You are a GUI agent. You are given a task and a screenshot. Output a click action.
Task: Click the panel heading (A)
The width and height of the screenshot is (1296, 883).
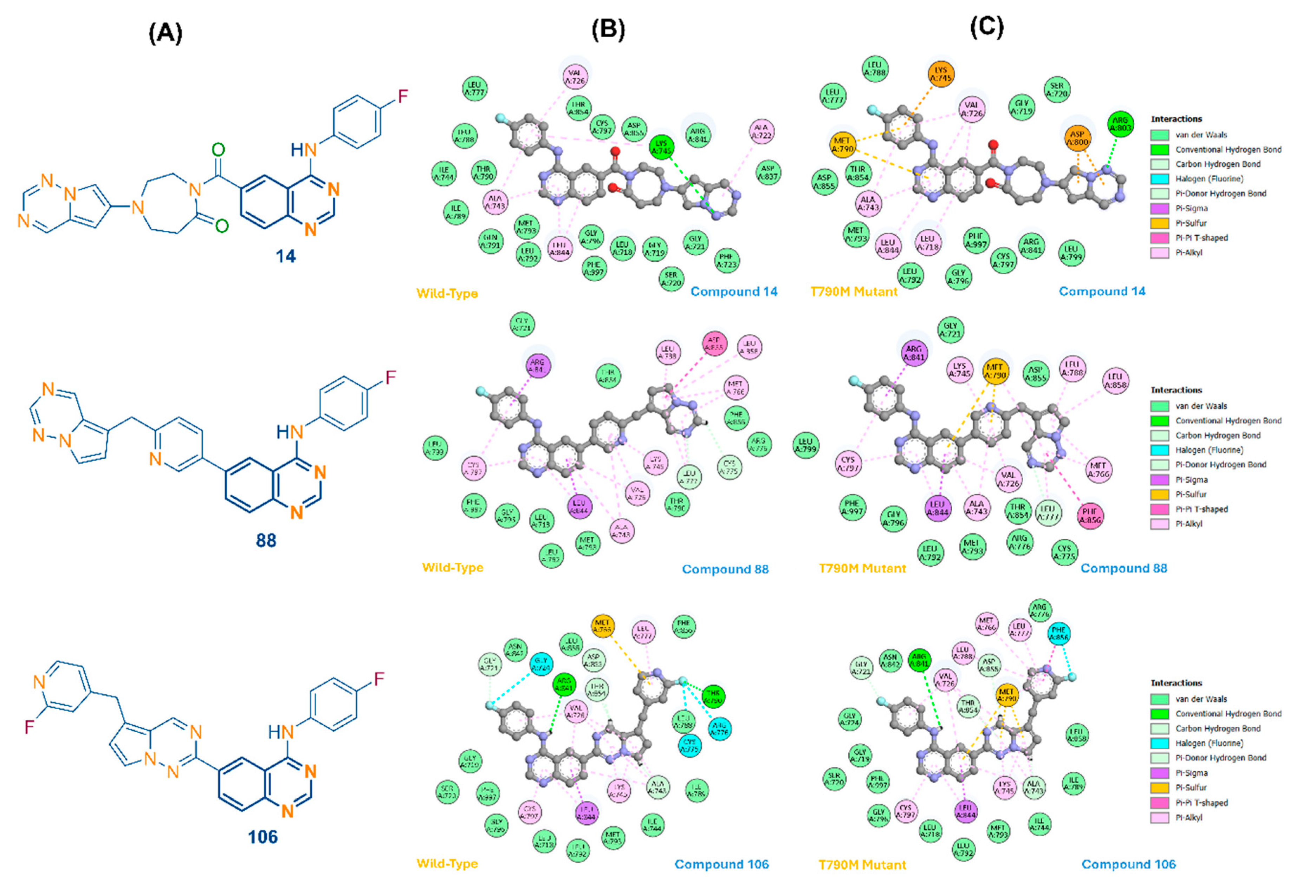[x=165, y=33]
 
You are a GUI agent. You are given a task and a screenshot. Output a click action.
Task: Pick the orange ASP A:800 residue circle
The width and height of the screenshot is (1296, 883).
[x=1077, y=138]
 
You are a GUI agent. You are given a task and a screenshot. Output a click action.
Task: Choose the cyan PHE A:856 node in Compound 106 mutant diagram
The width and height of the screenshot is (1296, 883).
[x=1058, y=634]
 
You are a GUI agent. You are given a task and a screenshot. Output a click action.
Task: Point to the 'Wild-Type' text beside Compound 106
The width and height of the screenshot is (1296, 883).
[x=447, y=863]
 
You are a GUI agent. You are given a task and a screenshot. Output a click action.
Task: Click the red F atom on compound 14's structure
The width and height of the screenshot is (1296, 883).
[x=403, y=96]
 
